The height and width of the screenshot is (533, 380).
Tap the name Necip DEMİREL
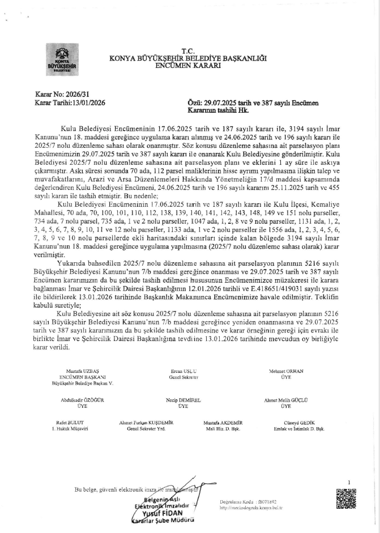[x=182, y=400]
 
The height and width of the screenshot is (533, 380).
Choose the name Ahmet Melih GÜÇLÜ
[x=285, y=400]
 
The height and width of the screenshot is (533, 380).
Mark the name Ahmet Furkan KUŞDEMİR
[x=146, y=423]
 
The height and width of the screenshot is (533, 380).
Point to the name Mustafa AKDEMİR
[x=224, y=423]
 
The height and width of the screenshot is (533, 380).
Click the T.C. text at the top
[x=187, y=50]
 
